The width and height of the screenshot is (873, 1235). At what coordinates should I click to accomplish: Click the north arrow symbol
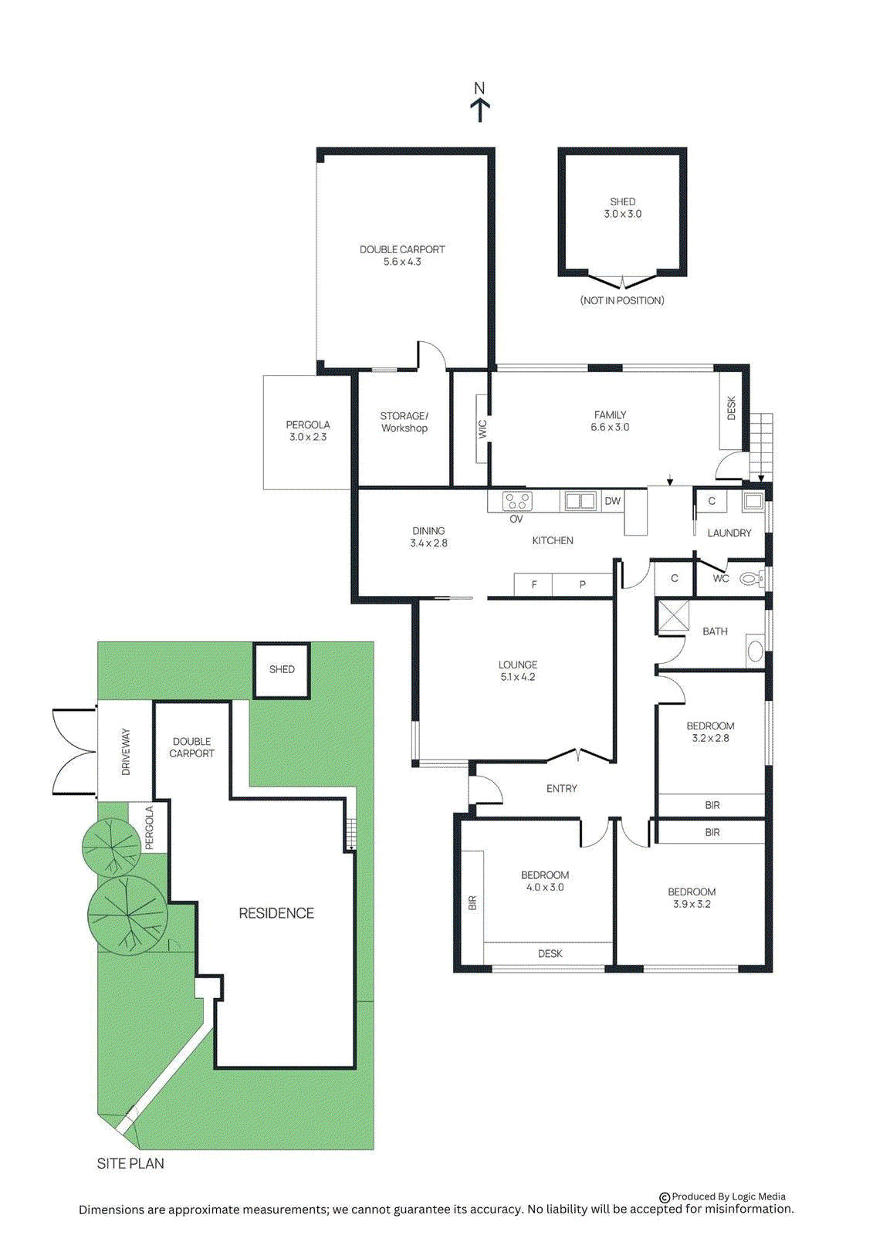click(x=480, y=109)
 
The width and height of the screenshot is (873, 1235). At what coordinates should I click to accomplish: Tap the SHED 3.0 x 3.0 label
click(x=623, y=208)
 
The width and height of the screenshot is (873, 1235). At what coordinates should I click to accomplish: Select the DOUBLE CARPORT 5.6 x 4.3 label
click(x=402, y=255)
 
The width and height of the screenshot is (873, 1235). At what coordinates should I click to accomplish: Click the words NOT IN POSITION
click(x=622, y=300)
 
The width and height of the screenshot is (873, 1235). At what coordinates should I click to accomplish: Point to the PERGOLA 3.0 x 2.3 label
click(x=308, y=431)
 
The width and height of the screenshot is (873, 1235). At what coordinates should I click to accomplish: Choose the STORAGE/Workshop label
click(x=404, y=421)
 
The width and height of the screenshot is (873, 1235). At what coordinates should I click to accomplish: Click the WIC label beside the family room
click(x=482, y=428)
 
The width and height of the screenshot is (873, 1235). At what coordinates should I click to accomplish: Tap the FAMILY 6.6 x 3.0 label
click(x=610, y=421)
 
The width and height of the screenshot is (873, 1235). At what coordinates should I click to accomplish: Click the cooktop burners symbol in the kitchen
click(x=517, y=501)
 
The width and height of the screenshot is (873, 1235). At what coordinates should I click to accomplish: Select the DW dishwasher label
click(x=613, y=501)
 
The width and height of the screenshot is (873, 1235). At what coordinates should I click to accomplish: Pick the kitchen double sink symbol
click(x=580, y=501)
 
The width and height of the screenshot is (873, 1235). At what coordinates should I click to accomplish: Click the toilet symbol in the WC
click(x=751, y=578)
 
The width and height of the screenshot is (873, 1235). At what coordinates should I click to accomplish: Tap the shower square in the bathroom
click(x=673, y=617)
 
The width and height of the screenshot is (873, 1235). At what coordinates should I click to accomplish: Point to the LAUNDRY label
click(x=729, y=533)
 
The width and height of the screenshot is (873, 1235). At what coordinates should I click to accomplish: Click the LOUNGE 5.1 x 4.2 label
click(x=518, y=671)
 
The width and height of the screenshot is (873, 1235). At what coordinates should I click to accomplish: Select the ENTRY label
click(x=561, y=788)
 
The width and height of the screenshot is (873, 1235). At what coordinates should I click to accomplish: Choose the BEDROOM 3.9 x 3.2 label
click(x=692, y=898)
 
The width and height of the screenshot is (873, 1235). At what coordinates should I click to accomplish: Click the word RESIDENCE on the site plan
click(x=276, y=913)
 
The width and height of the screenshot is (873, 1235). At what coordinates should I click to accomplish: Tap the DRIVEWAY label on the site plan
click(x=126, y=751)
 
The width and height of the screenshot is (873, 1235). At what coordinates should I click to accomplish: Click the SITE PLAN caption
click(x=130, y=1163)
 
